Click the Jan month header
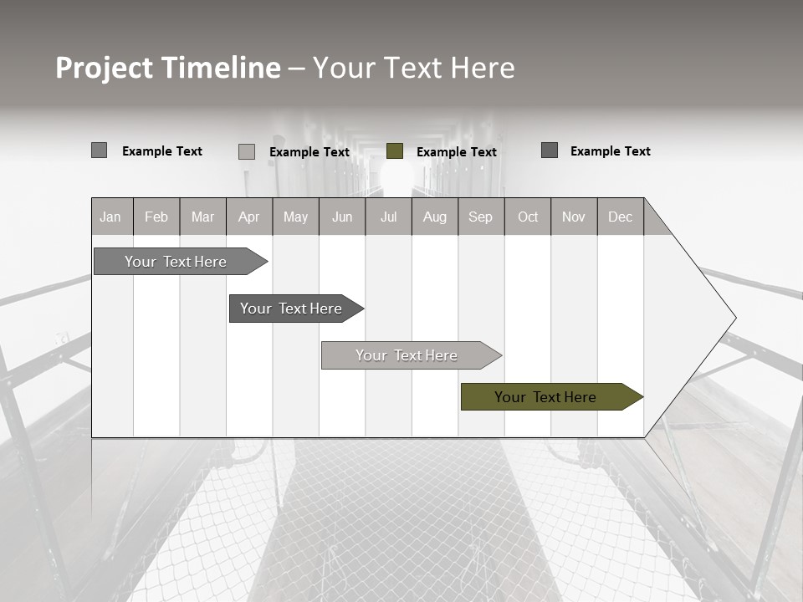pos(110,217)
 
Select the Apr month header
pos(248,217)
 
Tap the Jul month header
pos(388,217)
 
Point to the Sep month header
pos(480,217)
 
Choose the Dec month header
pos(620,217)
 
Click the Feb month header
pos(156,217)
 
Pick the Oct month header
pos(528,217)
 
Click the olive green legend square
pos(395,151)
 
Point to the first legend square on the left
pos(100,150)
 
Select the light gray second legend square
pos(247,151)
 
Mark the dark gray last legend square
pos(550,150)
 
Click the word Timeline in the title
pos(220,68)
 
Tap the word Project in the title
pos(104,68)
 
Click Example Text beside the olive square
pos(456,152)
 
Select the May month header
pos(295,217)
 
